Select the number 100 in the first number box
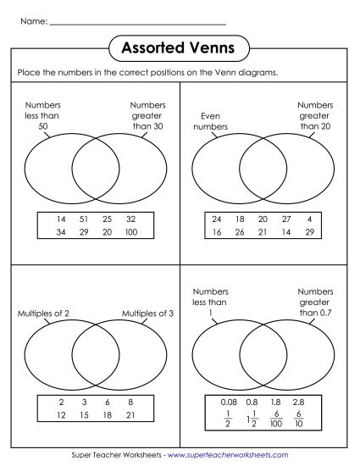click(133, 232)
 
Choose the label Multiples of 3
click(147, 313)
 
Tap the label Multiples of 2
click(43, 313)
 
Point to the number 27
click(287, 219)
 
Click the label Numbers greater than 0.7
click(315, 301)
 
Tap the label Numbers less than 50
click(43, 116)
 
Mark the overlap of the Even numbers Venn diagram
click(263, 169)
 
